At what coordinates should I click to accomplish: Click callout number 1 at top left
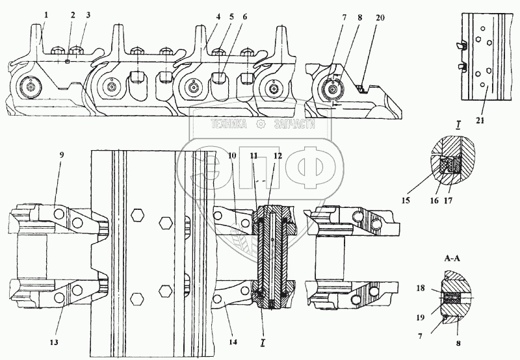click(46, 14)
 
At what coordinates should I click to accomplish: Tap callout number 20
click(380, 18)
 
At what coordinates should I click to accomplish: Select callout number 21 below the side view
click(480, 121)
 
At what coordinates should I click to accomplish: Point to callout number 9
click(62, 155)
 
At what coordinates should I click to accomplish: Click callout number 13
click(54, 342)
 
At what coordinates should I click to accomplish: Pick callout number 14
click(233, 342)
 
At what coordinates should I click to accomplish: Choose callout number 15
click(406, 201)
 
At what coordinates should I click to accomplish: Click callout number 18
click(421, 289)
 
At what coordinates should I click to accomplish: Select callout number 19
click(420, 318)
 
